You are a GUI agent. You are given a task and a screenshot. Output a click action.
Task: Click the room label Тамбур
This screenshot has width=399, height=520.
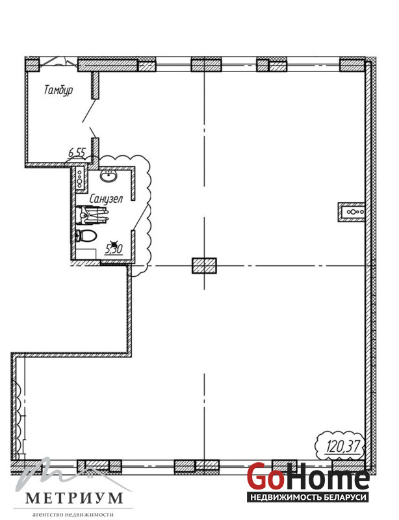58,90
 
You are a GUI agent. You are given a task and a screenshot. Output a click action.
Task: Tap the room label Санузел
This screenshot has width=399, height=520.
106,199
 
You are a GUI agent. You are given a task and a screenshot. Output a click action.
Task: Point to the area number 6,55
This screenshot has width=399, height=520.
77,153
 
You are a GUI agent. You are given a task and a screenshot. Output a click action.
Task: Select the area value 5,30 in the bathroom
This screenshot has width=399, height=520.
114,250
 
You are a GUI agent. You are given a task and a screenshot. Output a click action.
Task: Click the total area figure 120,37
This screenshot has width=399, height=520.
343,447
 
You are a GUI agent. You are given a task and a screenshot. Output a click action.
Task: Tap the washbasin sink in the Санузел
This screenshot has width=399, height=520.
109,176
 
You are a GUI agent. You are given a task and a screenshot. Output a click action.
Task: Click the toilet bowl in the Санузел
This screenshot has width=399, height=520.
86,236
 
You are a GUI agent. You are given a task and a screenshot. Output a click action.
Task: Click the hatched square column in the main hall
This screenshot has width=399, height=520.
204,266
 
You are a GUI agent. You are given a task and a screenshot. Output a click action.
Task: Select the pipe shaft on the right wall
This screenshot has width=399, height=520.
352,212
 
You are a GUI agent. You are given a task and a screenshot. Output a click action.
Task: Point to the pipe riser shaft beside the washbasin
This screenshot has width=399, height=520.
80,179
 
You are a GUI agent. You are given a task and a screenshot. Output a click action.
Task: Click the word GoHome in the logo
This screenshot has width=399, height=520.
308,477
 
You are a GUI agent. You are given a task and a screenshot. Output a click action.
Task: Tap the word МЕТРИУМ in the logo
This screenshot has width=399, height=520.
73,498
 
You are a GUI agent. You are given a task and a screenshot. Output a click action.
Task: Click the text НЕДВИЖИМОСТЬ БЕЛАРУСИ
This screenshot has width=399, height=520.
308,497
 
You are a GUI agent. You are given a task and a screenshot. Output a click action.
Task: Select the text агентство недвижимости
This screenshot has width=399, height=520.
73,514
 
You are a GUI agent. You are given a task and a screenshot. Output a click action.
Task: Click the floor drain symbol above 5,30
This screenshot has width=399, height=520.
114,242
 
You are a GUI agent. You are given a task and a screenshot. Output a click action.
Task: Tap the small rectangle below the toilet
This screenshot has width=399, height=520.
86,253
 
